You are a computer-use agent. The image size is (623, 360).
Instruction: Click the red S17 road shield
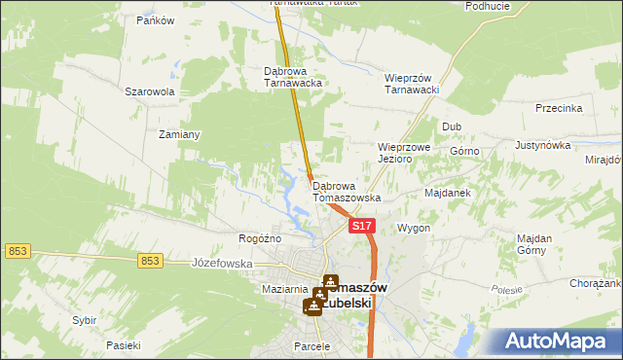click(361, 226)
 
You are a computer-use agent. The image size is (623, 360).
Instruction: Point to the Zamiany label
click(179, 134)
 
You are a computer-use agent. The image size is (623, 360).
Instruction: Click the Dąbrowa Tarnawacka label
click(293, 77)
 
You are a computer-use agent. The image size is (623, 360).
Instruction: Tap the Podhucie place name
click(488, 6)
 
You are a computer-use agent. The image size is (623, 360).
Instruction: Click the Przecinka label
click(558, 108)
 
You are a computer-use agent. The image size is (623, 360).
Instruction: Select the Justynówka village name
click(542, 145)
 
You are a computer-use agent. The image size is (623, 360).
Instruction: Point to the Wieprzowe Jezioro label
click(404, 153)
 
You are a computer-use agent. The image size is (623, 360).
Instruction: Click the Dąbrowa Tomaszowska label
click(347, 191)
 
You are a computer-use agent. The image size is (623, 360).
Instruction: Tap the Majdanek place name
click(448, 193)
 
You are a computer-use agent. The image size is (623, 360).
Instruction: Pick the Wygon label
click(414, 228)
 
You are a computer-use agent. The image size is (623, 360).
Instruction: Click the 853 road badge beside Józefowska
click(149, 260)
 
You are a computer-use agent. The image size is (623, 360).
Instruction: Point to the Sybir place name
click(85, 319)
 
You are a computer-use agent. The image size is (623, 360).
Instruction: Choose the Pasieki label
click(124, 345)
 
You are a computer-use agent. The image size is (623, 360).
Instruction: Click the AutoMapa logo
click(559, 341)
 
